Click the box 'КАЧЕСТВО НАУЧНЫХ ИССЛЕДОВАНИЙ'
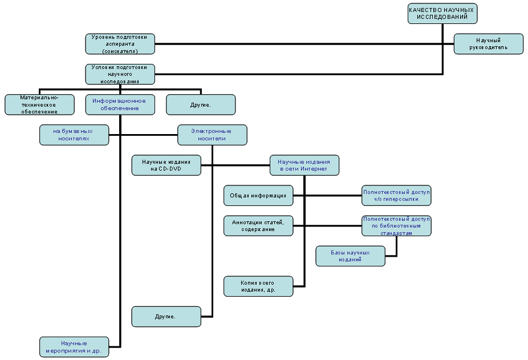[x=442, y=14]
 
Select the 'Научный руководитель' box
[x=489, y=44]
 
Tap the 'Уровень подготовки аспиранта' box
[x=120, y=44]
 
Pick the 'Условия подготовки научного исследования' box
[x=120, y=74]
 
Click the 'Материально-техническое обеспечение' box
[x=39, y=104]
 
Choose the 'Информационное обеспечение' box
[x=120, y=104]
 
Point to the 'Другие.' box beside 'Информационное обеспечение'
[x=201, y=104]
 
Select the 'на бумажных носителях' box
[x=74, y=135]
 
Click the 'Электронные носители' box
[x=212, y=135]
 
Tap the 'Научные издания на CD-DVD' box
[x=166, y=165]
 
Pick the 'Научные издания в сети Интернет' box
[x=304, y=165]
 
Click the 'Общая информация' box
[x=258, y=195]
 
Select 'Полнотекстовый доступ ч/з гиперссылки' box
[x=396, y=195]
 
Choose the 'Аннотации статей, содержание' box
[x=258, y=225]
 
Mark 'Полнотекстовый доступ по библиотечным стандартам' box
[x=396, y=225]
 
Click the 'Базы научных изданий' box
[x=351, y=256]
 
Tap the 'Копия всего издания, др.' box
[x=258, y=286]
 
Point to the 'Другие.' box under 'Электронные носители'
[x=166, y=316]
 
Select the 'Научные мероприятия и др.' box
[x=74, y=346]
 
